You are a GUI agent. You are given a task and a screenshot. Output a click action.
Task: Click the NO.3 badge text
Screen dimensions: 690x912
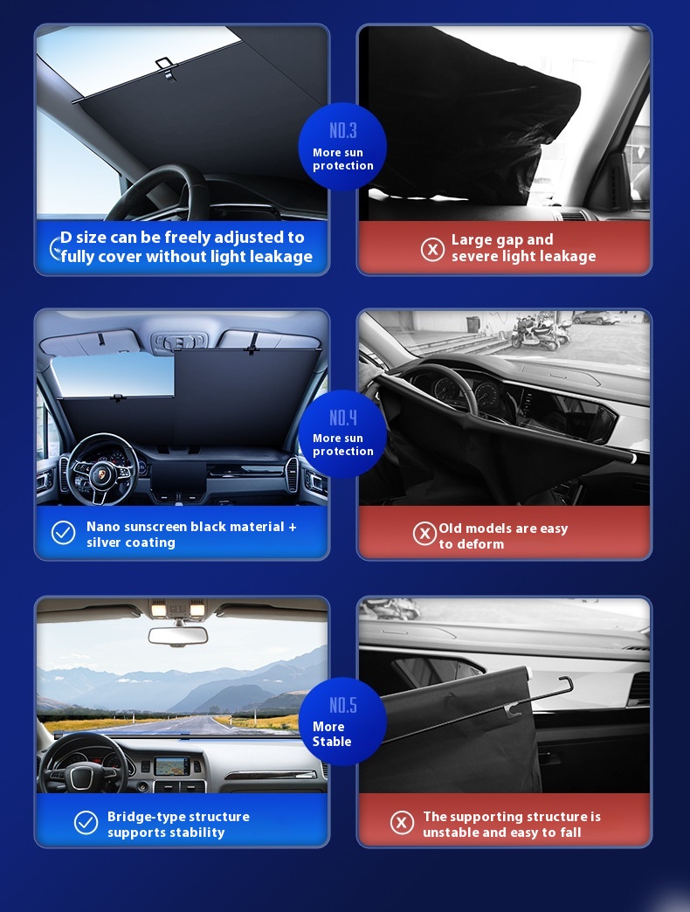tap(343, 131)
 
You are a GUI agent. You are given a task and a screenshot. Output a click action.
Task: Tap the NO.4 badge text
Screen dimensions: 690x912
tap(343, 418)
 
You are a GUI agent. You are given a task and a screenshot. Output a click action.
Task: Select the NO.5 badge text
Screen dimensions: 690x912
tap(343, 705)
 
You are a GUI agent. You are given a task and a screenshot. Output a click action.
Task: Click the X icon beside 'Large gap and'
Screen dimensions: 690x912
tap(432, 250)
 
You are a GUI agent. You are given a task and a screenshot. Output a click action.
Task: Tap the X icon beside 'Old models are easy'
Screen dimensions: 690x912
tap(425, 534)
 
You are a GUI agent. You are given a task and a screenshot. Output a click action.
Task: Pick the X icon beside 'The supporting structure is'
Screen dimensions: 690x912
tap(402, 823)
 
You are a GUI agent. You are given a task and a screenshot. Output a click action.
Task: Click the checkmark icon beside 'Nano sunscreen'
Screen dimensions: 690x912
tap(64, 532)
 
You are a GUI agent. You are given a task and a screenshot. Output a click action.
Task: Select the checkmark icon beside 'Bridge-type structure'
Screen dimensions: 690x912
tap(86, 822)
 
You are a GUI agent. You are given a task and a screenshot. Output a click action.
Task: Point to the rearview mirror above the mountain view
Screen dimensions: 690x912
tap(178, 635)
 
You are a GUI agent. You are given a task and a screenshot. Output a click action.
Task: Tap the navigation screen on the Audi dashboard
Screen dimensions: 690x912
tap(172, 765)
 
